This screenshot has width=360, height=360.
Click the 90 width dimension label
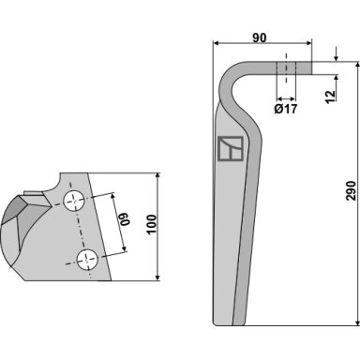click(260, 37)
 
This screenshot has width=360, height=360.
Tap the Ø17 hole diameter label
click(286, 109)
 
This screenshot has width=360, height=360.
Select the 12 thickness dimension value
click(330, 97)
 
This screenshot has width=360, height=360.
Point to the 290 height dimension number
click(351, 190)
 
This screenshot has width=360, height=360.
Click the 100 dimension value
click(151, 224)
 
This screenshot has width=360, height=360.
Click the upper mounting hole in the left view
click(74, 201)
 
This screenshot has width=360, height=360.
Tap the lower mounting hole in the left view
click(87, 260)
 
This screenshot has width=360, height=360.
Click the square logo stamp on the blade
click(231, 149)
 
